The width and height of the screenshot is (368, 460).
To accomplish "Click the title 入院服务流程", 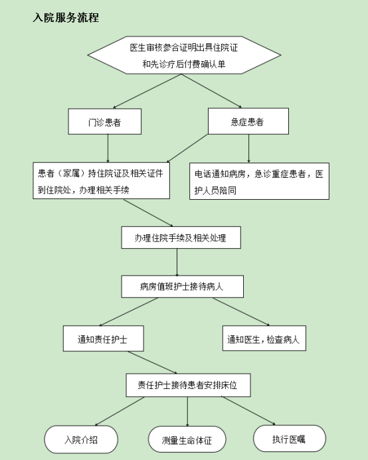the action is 66,18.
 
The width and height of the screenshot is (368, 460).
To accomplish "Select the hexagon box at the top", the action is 184,55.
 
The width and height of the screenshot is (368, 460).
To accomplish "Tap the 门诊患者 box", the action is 105,121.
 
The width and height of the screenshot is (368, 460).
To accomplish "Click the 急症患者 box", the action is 248,121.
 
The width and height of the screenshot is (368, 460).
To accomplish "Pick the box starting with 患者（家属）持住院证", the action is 102,181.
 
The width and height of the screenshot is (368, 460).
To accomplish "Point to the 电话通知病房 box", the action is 259,181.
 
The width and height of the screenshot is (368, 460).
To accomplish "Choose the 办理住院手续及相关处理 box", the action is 181,238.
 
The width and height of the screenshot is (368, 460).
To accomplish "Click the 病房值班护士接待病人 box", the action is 183,287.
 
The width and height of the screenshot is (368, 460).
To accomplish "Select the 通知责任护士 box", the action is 104,339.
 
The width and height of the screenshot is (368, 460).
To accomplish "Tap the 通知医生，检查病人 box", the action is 264,339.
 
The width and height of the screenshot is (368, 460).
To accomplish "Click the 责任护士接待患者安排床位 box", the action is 188,385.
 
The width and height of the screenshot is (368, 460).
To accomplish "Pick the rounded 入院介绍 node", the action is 81,439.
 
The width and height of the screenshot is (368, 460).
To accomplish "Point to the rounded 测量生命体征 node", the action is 187,439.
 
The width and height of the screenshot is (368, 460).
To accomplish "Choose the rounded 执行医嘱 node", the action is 290,439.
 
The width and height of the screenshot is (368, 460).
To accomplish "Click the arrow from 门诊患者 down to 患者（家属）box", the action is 108,149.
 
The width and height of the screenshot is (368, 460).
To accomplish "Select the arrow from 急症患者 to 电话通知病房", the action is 248,149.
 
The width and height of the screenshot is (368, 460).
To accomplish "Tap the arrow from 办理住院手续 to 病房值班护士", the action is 177,262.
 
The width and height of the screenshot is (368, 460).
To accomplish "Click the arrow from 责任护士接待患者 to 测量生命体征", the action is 187,412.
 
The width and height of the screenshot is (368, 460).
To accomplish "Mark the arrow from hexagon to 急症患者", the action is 211,91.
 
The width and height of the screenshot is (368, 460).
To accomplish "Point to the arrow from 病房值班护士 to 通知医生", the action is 241,312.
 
